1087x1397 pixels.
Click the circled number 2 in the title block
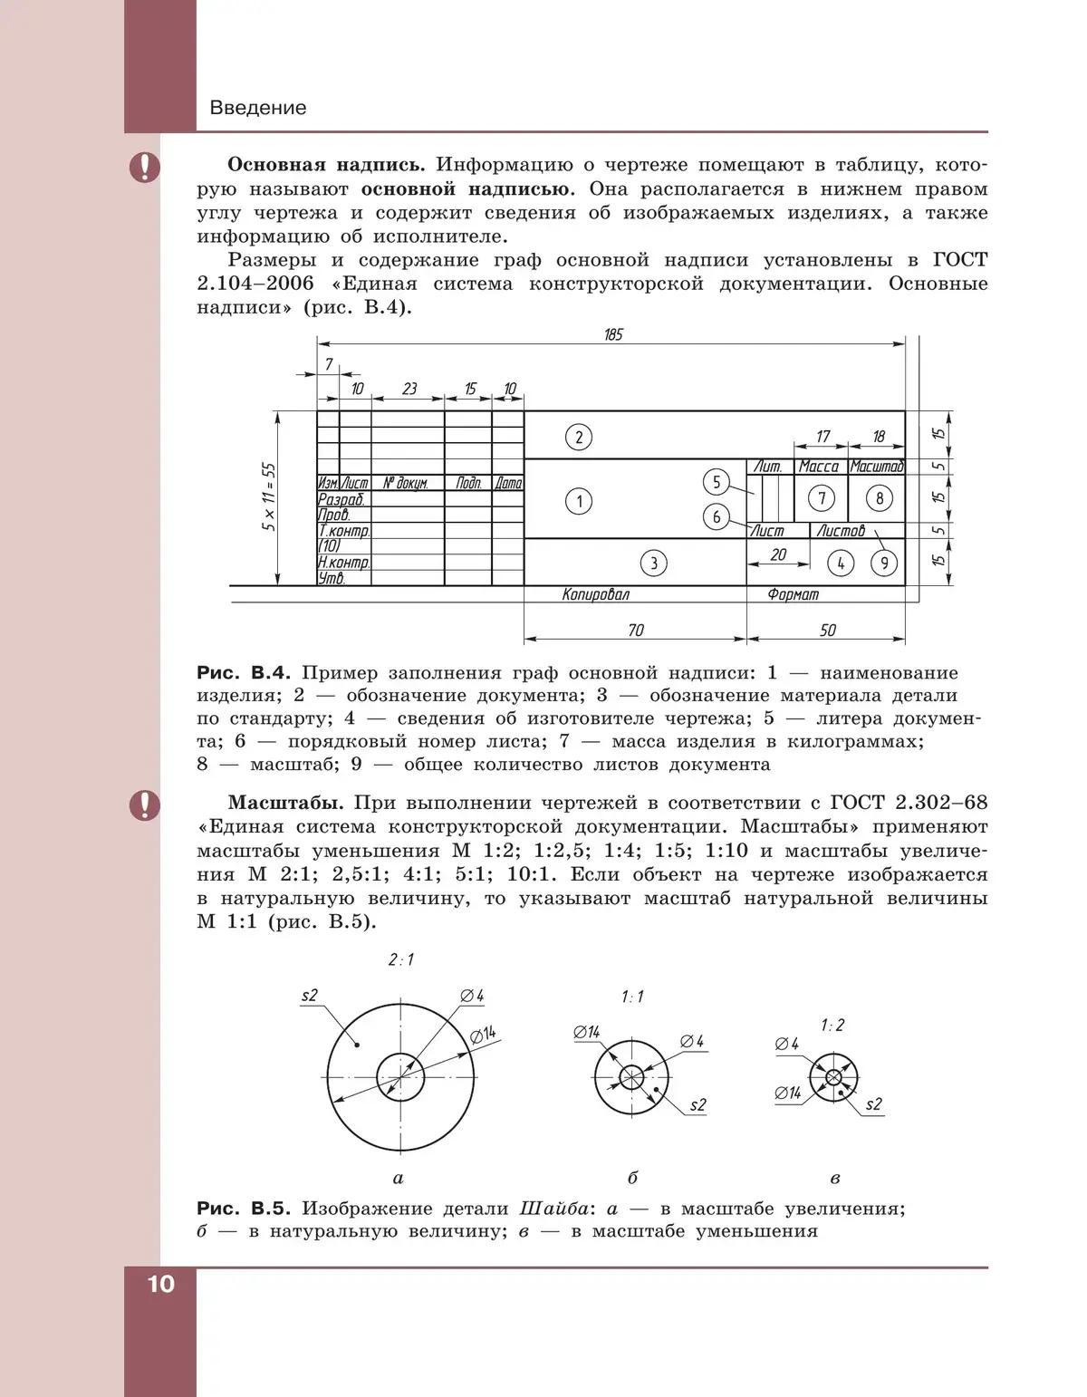(579, 438)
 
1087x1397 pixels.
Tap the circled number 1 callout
(579, 501)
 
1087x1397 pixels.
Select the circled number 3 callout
(654, 564)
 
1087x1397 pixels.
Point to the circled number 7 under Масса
(822, 497)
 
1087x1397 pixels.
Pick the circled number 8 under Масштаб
(879, 497)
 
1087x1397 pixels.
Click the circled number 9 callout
(883, 564)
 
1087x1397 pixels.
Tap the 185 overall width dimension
(613, 334)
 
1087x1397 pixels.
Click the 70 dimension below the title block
(636, 630)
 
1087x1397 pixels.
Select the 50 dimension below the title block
(827, 630)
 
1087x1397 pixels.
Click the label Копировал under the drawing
(595, 594)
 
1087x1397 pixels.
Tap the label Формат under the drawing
(793, 594)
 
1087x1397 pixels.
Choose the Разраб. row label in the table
(341, 499)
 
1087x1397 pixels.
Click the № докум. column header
(406, 484)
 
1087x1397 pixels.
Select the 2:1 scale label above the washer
(400, 959)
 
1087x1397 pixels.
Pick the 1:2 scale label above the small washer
(832, 1025)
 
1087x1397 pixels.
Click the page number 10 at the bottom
(159, 1284)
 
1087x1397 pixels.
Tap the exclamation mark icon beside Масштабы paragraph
(144, 804)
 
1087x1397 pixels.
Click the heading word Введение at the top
(258, 108)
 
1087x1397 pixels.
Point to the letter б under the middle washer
(632, 1178)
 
